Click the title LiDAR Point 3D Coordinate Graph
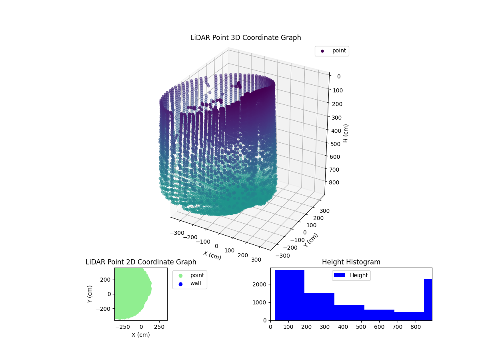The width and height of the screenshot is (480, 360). [246, 38]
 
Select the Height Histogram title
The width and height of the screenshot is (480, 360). [351, 262]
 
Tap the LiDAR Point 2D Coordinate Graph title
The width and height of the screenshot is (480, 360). [141, 262]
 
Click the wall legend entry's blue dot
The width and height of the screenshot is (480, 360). [180, 284]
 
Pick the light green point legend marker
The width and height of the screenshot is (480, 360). [180, 276]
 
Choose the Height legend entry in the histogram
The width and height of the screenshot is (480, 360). [351, 275]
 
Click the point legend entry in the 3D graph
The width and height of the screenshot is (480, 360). [332, 51]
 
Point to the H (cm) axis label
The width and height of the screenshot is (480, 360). [346, 133]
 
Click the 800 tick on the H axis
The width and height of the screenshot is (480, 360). [336, 182]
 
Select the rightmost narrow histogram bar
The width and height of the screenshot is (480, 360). [428, 300]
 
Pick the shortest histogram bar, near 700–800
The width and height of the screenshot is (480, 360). [409, 316]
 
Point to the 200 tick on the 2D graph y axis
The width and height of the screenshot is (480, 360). [105, 279]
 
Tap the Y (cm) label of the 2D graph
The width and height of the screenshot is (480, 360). [90, 294]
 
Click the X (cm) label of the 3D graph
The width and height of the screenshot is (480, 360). [212, 255]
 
